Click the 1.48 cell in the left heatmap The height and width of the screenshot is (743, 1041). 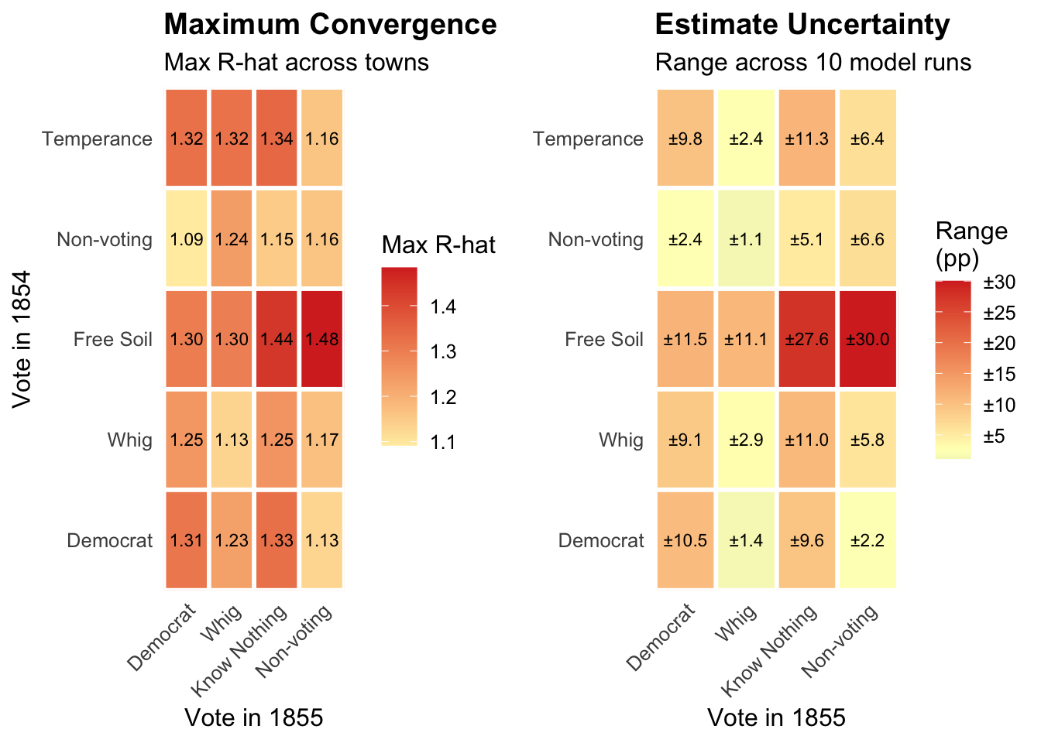[321, 339]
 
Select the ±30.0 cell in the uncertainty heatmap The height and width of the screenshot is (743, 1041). [867, 339]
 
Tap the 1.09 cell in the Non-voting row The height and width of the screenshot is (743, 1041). [186, 239]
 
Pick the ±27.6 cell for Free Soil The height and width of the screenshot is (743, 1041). [807, 339]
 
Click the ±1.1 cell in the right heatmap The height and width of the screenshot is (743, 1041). [746, 239]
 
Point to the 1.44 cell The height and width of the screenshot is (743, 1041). [277, 339]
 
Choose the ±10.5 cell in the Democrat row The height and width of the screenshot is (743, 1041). [685, 540]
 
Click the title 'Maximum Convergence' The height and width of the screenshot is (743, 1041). [330, 25]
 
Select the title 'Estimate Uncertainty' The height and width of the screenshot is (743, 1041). [802, 25]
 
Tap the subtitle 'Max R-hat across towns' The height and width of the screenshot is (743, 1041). [297, 62]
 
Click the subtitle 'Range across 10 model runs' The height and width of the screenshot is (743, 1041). [813, 62]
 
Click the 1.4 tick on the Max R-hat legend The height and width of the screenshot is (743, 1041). [445, 307]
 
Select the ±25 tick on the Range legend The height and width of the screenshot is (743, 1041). [998, 313]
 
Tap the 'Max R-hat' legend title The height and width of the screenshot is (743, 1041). [438, 245]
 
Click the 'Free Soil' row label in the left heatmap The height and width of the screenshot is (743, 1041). [113, 339]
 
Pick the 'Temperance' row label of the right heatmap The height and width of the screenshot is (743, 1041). [588, 139]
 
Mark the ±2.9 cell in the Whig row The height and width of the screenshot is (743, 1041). [746, 440]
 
